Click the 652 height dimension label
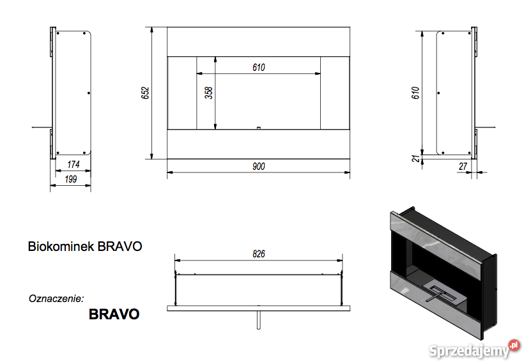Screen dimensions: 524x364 pos(145,93)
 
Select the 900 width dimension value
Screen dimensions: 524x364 pos(259,166)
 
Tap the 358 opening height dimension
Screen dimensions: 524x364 pos(209,93)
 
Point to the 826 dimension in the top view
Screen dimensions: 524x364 pos(259,254)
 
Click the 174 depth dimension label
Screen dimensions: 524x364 pos(73,164)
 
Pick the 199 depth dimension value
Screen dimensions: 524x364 pos(70,179)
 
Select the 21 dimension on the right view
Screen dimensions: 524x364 pos(416,158)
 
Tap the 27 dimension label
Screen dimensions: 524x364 pos(463,166)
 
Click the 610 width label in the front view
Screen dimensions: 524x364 pos(259,68)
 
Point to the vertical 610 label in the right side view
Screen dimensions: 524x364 pos(415,93)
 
